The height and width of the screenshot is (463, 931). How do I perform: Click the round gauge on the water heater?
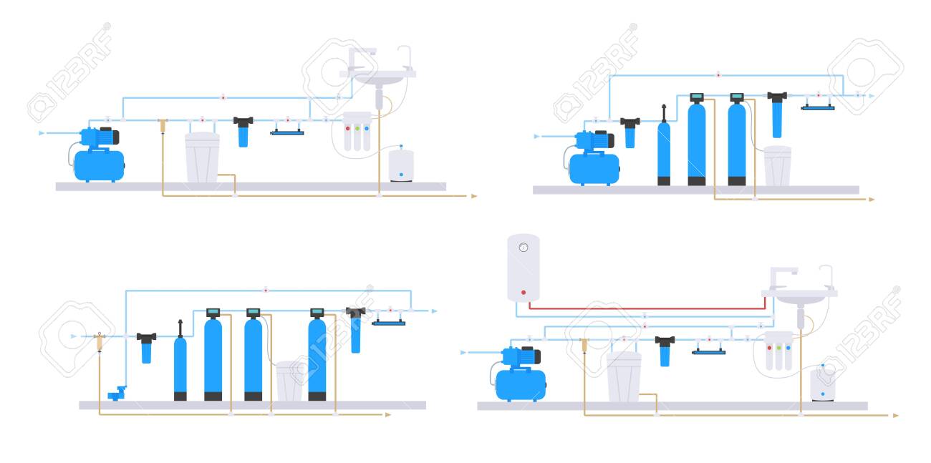click(524, 248)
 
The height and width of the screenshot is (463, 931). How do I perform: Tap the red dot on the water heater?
click(524, 293)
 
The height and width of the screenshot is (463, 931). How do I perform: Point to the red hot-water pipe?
click(647, 308)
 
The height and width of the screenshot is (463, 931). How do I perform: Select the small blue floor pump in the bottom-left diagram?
click(117, 393)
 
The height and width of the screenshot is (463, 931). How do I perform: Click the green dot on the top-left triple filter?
click(357, 128)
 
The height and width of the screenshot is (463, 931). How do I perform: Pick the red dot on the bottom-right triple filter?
click(769, 348)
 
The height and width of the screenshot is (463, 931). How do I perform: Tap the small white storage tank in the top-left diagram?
click(401, 165)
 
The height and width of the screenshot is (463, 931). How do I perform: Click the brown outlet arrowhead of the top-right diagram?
click(872, 200)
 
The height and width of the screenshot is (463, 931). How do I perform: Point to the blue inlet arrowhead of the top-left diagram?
click(41, 133)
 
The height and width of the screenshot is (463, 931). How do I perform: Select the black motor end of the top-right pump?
click(610, 140)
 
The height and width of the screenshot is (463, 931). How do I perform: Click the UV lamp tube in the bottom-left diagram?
click(388, 323)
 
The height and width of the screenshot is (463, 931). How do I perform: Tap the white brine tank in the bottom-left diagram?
click(289, 381)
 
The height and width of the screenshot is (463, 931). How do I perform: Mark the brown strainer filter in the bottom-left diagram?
click(100, 342)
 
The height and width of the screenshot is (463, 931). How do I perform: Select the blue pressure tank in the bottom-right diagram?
click(521, 385)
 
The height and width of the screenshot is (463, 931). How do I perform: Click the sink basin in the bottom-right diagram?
click(799, 296)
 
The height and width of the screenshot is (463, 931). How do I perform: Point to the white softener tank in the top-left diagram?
click(203, 157)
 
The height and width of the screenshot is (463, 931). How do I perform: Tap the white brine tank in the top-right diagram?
click(777, 166)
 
